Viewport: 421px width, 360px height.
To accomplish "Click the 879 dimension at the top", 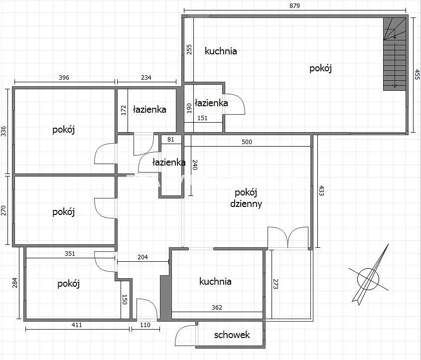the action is tap(294, 5).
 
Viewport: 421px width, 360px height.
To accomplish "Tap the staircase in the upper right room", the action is tap(395, 54).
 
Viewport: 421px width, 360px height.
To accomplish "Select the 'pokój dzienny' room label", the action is tap(246, 198).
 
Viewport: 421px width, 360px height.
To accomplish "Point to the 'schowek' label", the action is tap(232, 335).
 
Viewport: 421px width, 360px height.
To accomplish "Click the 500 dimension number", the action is tap(247, 142).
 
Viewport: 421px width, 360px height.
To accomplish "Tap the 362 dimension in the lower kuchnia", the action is tap(217, 307).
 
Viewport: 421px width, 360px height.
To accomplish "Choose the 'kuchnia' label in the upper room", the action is tap(221, 51).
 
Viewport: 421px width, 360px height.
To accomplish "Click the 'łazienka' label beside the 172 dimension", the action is tap(149, 109).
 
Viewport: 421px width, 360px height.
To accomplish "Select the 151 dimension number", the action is tap(202, 118).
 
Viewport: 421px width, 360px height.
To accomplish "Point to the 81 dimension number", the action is tap(171, 140).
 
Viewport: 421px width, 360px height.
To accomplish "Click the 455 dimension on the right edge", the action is tap(417, 74).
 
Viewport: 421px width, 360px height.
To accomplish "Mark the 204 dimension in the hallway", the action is tap(142, 257).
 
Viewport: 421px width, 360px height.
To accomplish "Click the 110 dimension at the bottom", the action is tap(145, 325).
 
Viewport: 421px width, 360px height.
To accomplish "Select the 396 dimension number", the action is tap(64, 78).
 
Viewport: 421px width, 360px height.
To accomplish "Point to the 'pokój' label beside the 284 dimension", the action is tap(68, 284).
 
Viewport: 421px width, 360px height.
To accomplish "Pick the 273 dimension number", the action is tap(276, 284).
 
